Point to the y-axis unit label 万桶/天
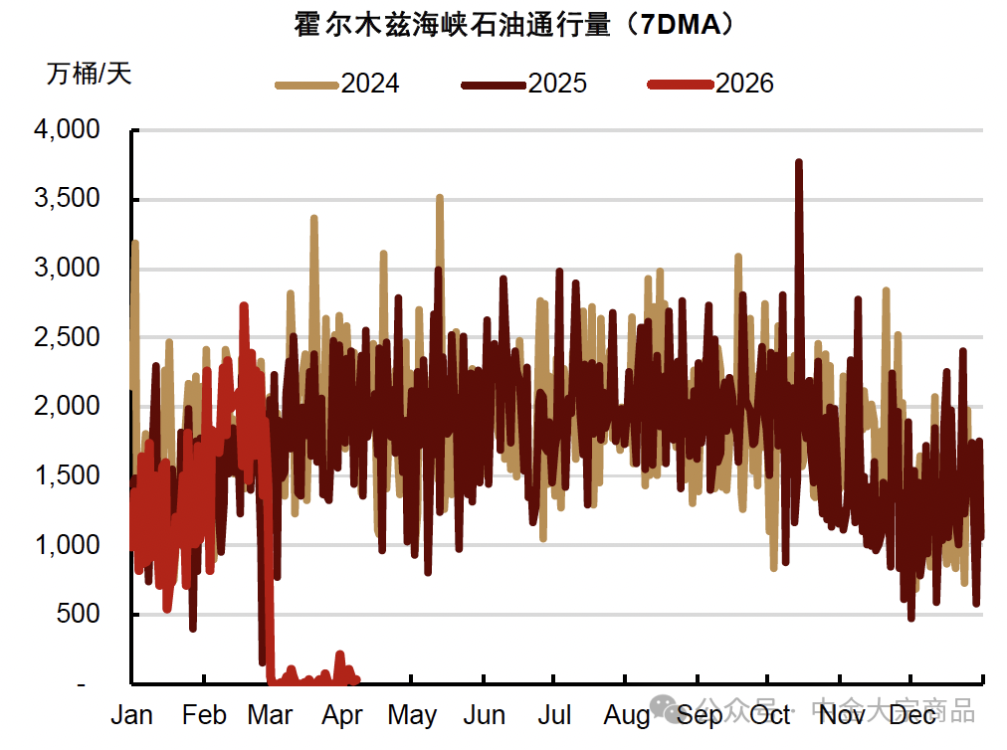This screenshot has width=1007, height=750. tap(89, 73)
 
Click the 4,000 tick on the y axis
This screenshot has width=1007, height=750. tap(67, 129)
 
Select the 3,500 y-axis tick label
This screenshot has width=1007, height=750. tap(67, 199)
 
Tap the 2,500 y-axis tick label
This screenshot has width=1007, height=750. tap(67, 337)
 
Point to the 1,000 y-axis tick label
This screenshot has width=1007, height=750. tap(67, 545)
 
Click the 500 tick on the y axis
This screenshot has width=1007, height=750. tap(80, 615)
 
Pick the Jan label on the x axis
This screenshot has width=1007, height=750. tap(131, 716)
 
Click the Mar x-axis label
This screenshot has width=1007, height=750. tap(270, 716)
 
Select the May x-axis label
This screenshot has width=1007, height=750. tap(412, 716)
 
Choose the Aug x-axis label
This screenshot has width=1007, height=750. tap(627, 716)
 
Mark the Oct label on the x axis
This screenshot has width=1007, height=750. tap(770, 716)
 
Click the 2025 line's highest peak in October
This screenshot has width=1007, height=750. tap(799, 162)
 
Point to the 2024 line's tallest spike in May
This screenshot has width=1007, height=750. tap(439, 198)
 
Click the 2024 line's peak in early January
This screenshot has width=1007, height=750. tap(134, 242)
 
